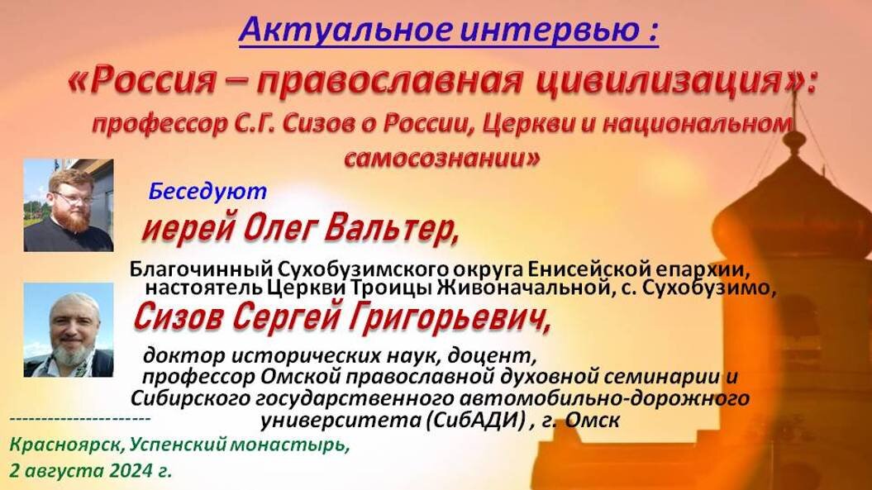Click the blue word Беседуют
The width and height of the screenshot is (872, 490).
pos(207,192)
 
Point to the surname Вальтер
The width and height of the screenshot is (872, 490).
pos(391,228)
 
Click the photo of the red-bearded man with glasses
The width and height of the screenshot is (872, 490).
pos(69,205)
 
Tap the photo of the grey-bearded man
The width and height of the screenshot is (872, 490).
pos(69,330)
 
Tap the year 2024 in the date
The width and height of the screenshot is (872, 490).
pos(131,470)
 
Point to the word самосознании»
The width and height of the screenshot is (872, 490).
pos(442,159)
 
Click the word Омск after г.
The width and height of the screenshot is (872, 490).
pos(593,420)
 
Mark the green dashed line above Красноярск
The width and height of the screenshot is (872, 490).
pos(80,418)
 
